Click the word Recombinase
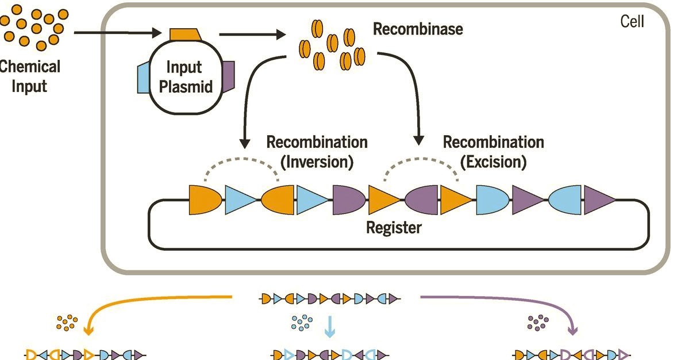(x=418, y=29)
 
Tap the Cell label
(x=632, y=22)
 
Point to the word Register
(x=394, y=228)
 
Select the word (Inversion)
(x=317, y=162)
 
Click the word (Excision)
(x=493, y=162)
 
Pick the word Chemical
(x=29, y=66)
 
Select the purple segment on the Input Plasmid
(x=228, y=76)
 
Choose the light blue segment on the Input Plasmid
(x=144, y=78)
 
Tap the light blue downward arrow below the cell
(x=329, y=327)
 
